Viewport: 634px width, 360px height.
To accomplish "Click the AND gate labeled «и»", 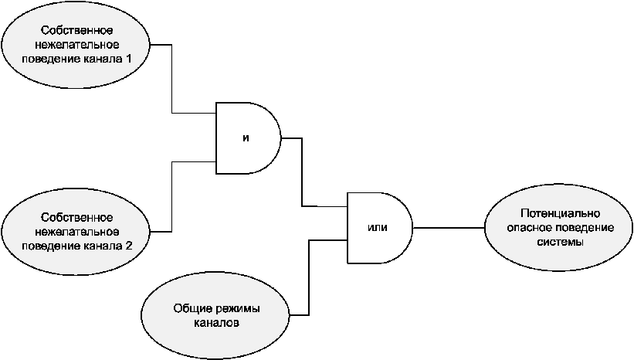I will pyautogui.click(x=246, y=138).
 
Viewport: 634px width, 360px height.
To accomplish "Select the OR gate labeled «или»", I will pyautogui.click(x=378, y=228).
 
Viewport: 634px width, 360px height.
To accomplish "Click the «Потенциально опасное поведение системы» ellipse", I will pyautogui.click(x=559, y=228).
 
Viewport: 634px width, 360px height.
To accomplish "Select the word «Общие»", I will pyautogui.click(x=189, y=308).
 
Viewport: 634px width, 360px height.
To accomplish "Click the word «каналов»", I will pyautogui.click(x=217, y=322).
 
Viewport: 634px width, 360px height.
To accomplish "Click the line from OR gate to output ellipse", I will pyautogui.click(x=448, y=228).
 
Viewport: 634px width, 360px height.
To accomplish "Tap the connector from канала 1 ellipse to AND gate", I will pyautogui.click(x=171, y=77).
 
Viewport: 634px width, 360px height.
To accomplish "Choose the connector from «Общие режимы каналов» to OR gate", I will pyautogui.click(x=309, y=278).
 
